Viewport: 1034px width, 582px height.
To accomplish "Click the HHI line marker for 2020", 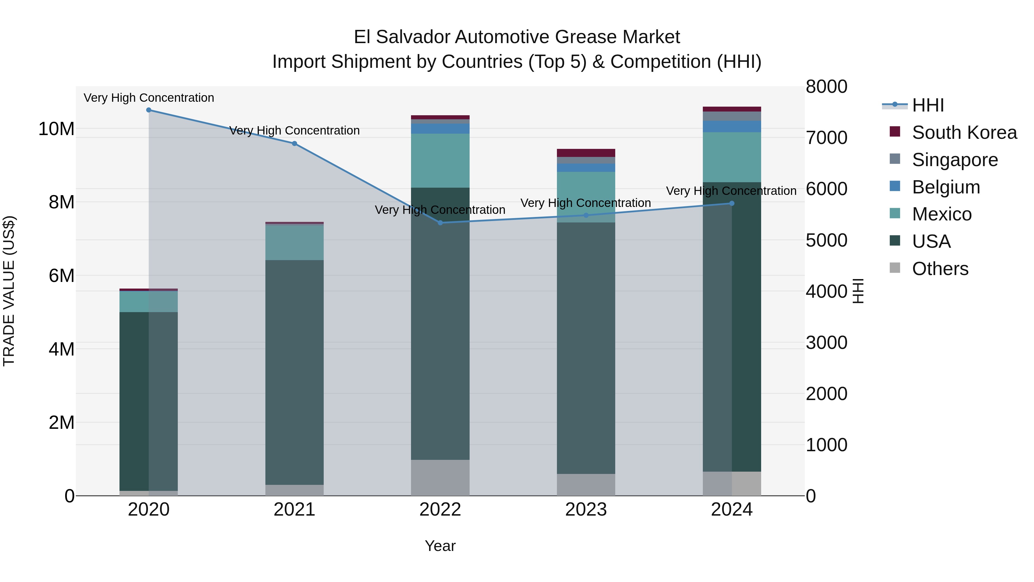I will click(148, 110).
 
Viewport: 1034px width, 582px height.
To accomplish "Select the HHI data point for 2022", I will click(440, 222).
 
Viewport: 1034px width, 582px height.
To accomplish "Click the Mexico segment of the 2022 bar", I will click(440, 161).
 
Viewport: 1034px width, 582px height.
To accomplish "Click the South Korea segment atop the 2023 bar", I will click(586, 153).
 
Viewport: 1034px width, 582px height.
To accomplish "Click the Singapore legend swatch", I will click(895, 159).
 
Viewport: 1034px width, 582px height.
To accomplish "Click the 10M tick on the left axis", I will click(56, 129).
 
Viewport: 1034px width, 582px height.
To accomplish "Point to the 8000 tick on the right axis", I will click(826, 87).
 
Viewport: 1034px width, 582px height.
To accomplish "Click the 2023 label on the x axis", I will click(586, 510).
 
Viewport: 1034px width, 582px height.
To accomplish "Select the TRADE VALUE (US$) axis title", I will click(9, 291).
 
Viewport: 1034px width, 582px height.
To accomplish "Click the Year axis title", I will click(440, 546).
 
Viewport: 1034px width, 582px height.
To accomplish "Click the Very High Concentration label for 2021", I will click(294, 130).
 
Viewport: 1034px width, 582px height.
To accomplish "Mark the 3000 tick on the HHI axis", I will click(826, 343).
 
